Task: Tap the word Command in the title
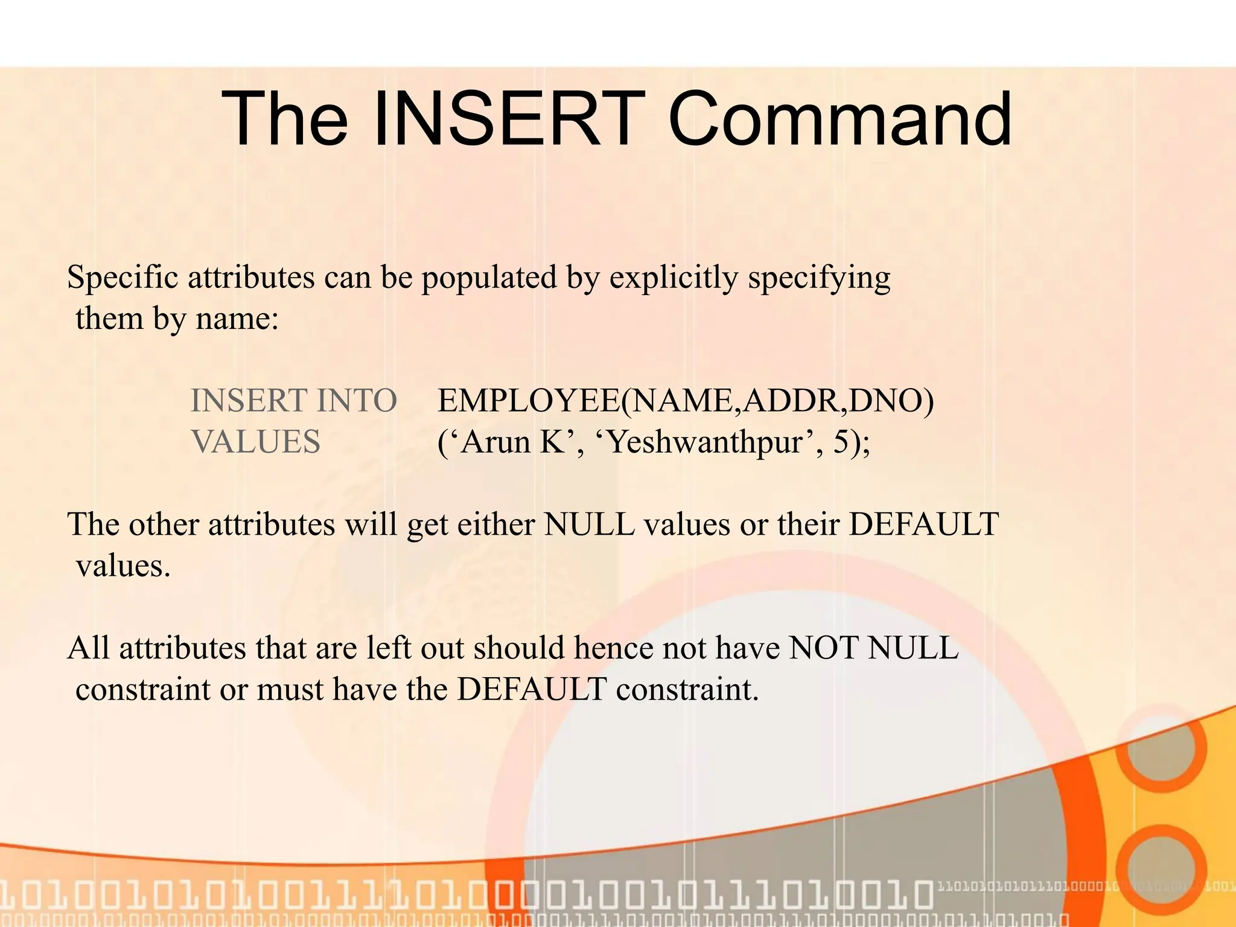point(839,119)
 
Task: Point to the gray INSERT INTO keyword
point(293,401)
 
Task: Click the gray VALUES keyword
point(255,442)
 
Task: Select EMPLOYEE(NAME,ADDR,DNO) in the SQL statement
point(685,401)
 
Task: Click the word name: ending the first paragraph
point(237,319)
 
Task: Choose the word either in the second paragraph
point(495,524)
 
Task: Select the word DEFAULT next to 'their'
point(924,524)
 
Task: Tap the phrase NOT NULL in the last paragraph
point(873,648)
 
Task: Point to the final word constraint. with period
point(687,689)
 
